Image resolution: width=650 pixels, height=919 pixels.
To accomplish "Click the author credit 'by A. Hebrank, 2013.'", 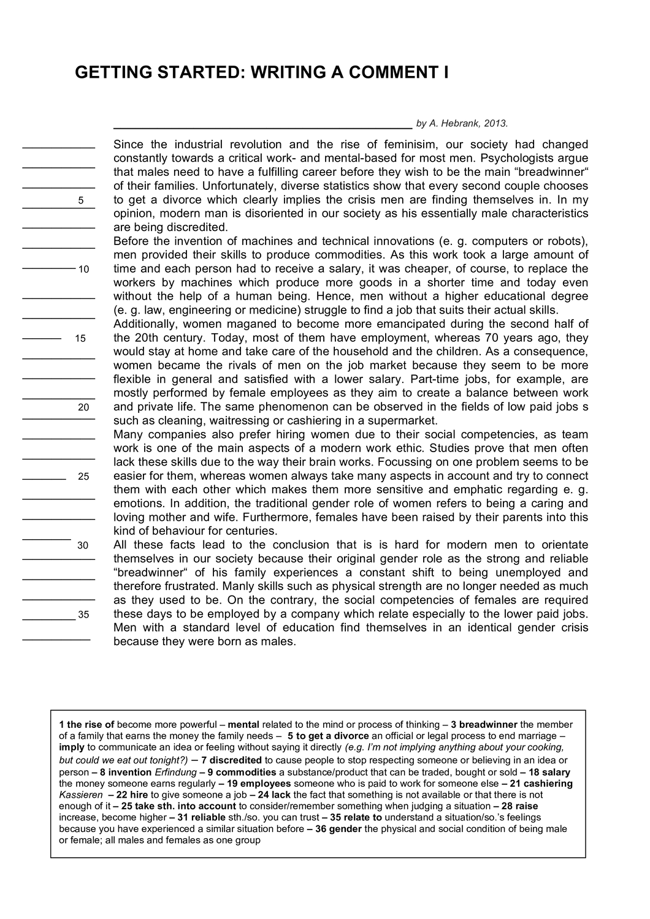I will click(462, 123).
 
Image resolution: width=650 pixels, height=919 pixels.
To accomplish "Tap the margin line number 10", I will click(84, 270).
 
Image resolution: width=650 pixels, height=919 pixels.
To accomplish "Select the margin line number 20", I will click(84, 407).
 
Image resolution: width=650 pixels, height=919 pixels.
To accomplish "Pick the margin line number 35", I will click(84, 615).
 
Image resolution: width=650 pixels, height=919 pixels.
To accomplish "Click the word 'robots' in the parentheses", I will click(568, 241).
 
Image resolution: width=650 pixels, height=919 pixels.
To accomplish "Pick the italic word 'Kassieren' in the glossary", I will click(81, 795).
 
